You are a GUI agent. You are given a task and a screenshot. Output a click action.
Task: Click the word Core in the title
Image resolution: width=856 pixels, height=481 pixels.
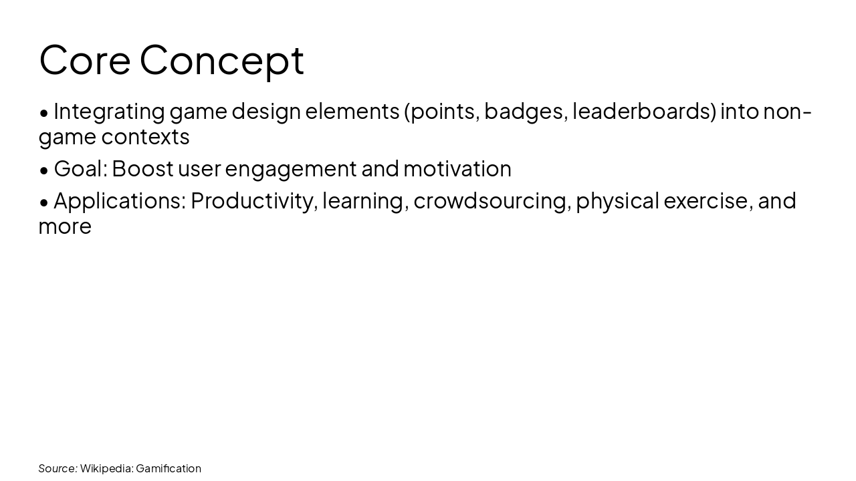click(84, 59)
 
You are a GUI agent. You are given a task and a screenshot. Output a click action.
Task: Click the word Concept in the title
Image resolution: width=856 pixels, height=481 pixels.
click(221, 59)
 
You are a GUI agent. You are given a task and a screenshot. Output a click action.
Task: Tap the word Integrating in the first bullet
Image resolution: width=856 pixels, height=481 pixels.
click(109, 111)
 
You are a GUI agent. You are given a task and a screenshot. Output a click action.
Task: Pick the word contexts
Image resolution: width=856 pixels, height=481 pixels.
click(145, 137)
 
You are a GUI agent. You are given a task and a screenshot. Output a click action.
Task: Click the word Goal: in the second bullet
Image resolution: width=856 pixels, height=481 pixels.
click(80, 168)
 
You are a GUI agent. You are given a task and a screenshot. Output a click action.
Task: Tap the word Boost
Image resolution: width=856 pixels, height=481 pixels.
click(142, 168)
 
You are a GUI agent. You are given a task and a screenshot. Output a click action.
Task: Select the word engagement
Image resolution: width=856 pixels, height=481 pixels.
click(291, 168)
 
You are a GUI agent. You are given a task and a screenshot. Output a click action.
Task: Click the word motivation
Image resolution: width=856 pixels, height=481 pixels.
click(457, 168)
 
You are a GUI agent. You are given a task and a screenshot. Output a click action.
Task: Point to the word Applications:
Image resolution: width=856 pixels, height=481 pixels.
click(120, 200)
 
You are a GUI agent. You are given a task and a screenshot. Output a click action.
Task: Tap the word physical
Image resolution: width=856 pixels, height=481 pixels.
click(617, 200)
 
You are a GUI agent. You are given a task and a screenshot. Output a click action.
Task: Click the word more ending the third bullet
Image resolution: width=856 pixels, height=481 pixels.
click(65, 226)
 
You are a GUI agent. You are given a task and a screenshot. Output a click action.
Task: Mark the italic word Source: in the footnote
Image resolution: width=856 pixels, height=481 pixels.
click(58, 468)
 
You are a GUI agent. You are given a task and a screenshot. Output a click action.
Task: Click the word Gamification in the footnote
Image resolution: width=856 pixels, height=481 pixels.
click(168, 468)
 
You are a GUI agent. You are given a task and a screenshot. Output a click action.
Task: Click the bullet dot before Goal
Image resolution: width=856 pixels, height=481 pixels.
click(44, 170)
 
